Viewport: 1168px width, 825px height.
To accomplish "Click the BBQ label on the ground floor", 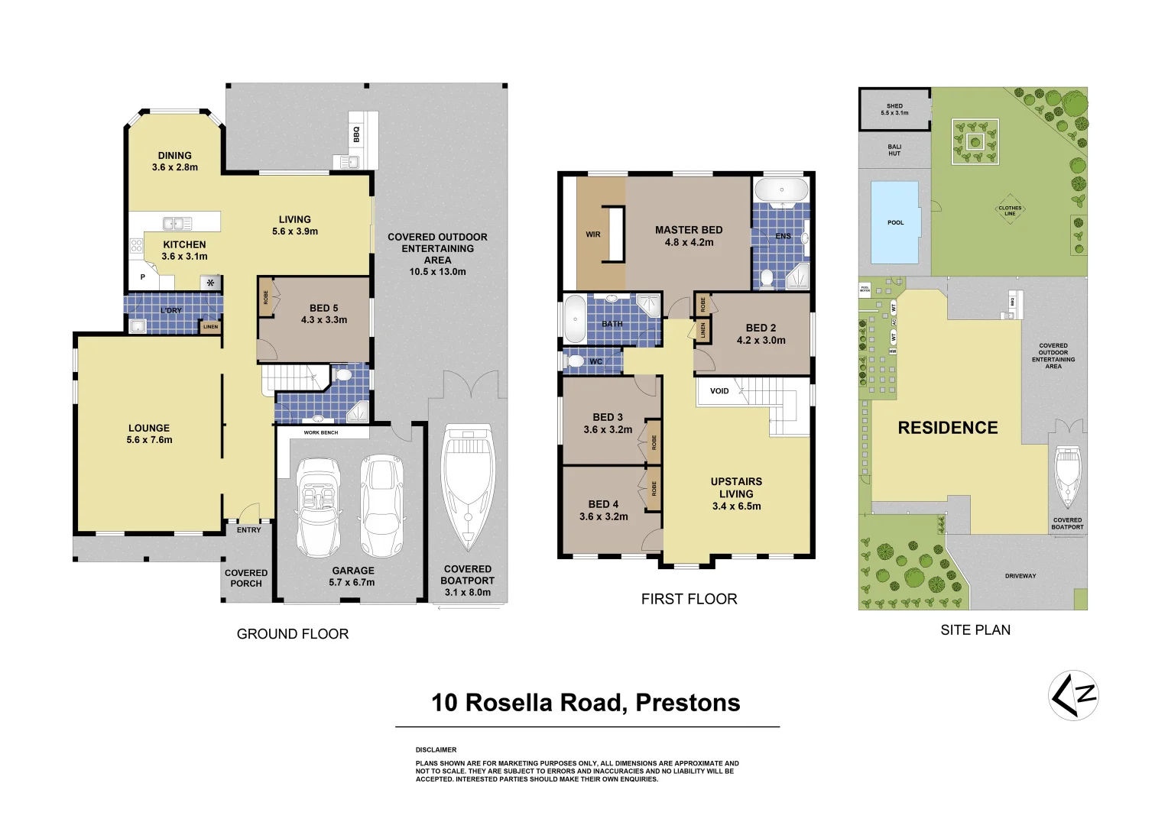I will tap(356, 134).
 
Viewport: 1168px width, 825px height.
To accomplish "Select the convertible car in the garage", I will tap(318, 506).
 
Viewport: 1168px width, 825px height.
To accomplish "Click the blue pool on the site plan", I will tap(895, 222).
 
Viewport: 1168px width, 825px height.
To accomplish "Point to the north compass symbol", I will tap(1073, 695).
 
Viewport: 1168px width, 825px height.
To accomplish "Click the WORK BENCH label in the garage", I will tap(321, 432).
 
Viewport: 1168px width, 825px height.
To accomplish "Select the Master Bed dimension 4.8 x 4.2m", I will tap(689, 242).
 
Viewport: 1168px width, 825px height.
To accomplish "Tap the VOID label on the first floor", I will tap(719, 391).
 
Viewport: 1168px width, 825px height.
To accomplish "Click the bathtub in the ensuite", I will tap(781, 190).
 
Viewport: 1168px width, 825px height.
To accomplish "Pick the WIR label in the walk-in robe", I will tap(593, 235).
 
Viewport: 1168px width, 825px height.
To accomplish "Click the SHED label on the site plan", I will tap(894, 106).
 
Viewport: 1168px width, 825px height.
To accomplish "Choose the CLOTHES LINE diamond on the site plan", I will tap(1009, 210).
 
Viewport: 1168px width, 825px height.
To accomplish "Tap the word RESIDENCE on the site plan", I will tap(948, 428).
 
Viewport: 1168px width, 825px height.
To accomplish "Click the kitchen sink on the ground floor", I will tap(177, 223).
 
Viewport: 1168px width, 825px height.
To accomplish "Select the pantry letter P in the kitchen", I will tap(143, 277).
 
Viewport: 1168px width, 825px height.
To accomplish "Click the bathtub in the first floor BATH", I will tap(575, 319).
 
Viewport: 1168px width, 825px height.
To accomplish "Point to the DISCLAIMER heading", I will tap(436, 750).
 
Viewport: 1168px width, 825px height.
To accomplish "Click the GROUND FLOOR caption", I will tap(293, 634).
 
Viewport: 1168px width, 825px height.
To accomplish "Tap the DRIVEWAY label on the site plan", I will tap(1020, 576).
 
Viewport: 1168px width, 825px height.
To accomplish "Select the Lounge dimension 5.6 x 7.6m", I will tap(150, 440).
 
